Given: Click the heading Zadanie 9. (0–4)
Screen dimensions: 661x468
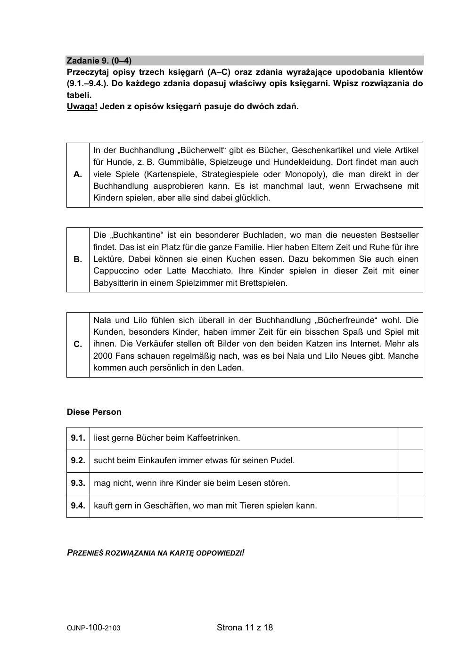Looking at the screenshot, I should coord(99,61).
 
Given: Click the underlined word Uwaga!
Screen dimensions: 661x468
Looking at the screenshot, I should coord(82,106).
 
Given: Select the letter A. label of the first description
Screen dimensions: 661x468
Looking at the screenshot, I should coord(78,174).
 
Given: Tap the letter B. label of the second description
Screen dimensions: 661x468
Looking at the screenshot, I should coord(78,259).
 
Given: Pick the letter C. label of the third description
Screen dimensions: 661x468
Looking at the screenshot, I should coord(78,344).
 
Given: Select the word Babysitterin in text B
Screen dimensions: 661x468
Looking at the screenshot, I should coord(115,283).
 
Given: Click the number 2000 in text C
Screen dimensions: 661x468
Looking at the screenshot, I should coord(103,356).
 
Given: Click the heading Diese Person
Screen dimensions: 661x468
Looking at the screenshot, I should coord(94,412).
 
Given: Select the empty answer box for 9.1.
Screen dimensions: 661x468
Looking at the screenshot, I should coord(411,438).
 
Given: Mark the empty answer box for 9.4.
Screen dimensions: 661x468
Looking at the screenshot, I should coord(411,506).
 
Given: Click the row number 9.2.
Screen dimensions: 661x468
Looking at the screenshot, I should coord(78,460).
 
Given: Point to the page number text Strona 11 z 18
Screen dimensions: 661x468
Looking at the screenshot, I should coord(245,628).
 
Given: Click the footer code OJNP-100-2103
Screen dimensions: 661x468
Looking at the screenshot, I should coord(93,628).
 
